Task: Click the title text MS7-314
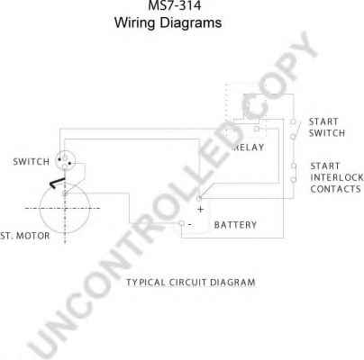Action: click(x=175, y=5)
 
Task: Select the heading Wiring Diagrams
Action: click(x=168, y=22)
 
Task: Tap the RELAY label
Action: click(x=249, y=148)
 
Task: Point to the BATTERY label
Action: click(x=235, y=225)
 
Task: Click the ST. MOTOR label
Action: click(x=25, y=236)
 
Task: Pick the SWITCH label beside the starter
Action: click(x=32, y=162)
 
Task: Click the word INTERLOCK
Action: click(x=337, y=177)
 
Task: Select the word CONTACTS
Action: click(x=335, y=189)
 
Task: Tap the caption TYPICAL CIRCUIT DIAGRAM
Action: click(x=191, y=283)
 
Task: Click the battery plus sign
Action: click(x=200, y=210)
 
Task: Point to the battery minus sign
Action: click(x=190, y=224)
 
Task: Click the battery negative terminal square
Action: click(x=182, y=223)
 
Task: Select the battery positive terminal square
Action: click(x=198, y=198)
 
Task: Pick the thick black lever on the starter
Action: click(x=57, y=183)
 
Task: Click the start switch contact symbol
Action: click(x=295, y=130)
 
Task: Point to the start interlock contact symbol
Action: click(x=294, y=173)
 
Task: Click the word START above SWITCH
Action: click(x=323, y=121)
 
